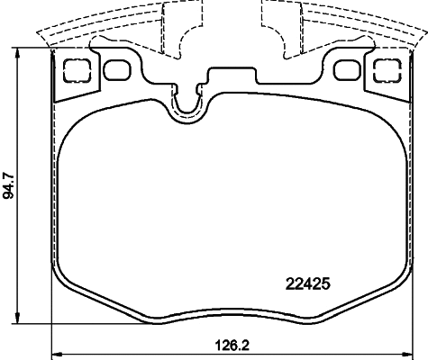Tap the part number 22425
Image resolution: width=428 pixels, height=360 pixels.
tap(309, 282)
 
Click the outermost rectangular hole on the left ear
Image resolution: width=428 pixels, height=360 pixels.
tap(78, 68)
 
